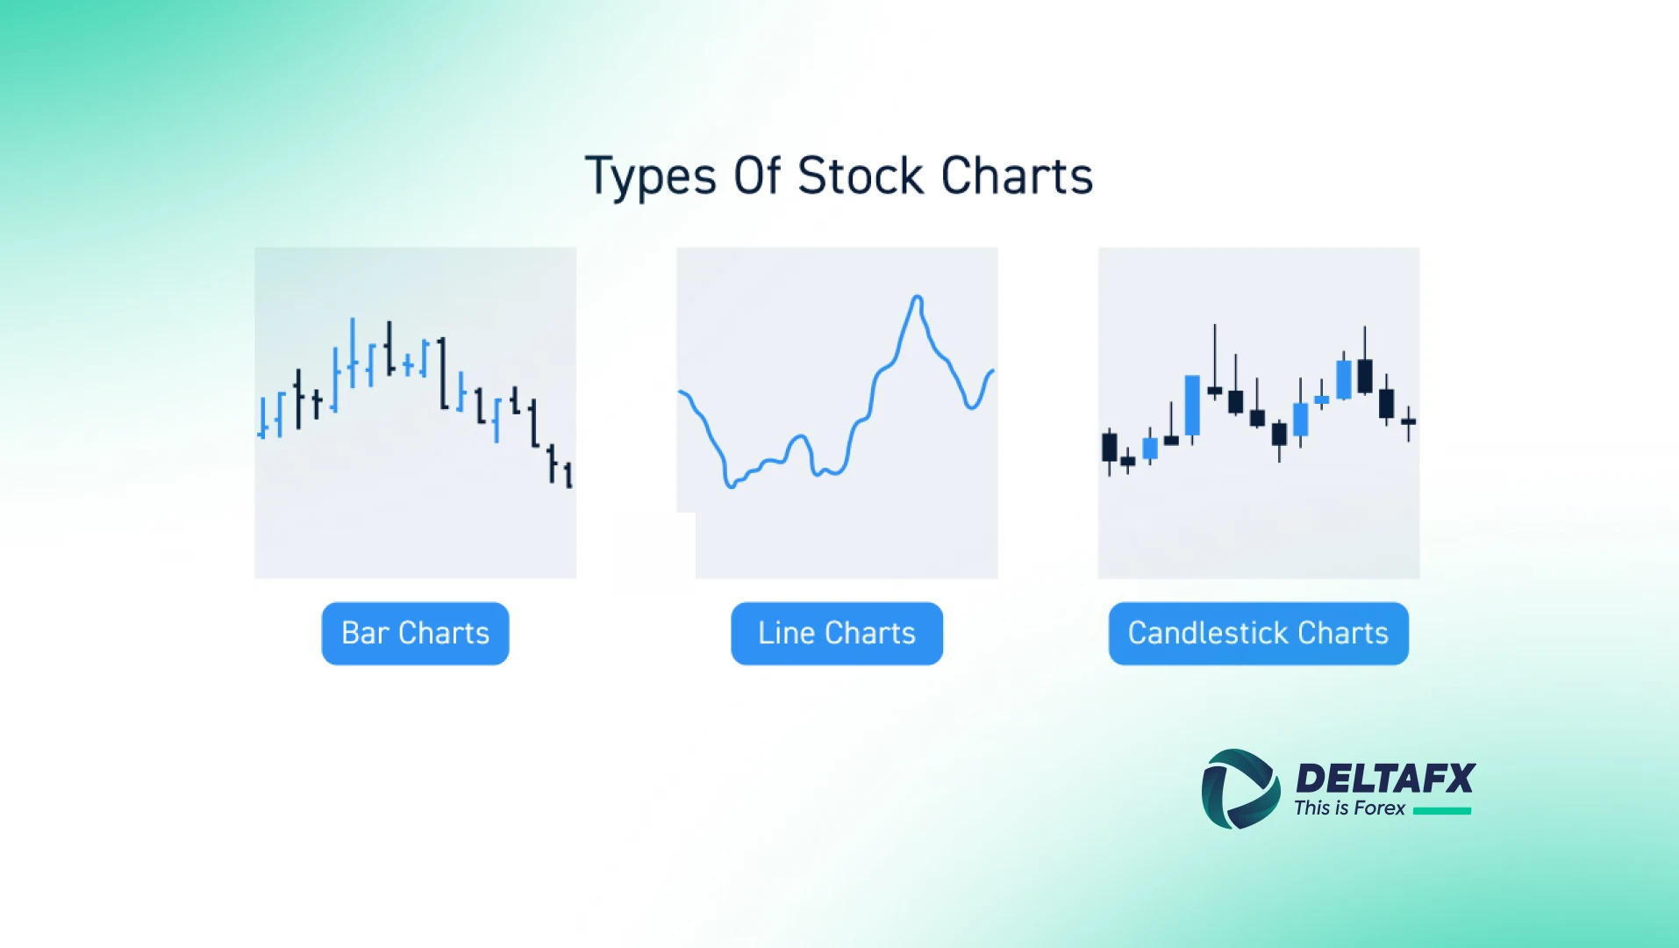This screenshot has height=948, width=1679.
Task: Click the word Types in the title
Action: [651, 176]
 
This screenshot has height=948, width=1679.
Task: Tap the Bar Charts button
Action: [415, 633]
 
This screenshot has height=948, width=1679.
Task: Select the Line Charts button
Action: [837, 633]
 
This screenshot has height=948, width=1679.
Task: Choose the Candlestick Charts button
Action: [1258, 633]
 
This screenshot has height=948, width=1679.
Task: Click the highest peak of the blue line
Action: [917, 298]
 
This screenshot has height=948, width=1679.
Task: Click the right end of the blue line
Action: [993, 371]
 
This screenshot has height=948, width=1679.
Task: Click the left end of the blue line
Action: [681, 392]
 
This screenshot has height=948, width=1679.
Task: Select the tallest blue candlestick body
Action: [1192, 405]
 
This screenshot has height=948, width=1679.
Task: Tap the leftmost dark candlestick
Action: [1110, 447]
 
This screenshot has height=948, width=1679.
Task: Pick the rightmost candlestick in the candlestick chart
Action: [1408, 422]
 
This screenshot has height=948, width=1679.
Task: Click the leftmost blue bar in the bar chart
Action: [262, 418]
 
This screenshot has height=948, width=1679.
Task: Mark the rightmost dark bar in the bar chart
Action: [568, 475]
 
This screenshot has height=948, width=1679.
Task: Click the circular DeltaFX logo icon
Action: [1240, 789]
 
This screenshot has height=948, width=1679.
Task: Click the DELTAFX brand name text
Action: [1385, 779]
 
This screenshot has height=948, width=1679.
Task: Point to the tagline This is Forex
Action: [1349, 808]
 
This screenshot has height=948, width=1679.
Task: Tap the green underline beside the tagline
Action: [1442, 811]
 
